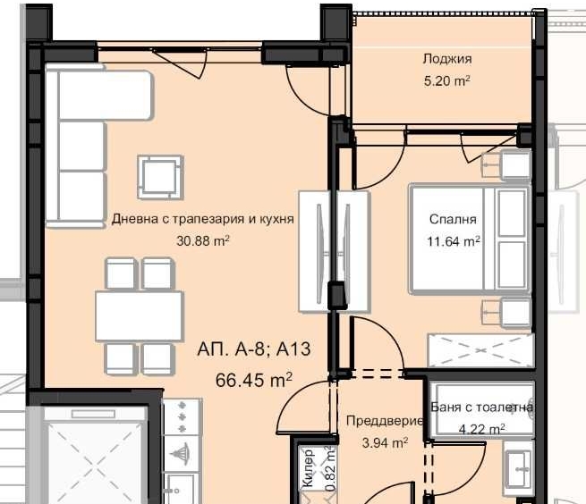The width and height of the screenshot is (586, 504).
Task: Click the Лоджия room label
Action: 446,59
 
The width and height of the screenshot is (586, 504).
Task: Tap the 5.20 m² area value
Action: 446,80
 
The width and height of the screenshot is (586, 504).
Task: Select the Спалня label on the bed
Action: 453,219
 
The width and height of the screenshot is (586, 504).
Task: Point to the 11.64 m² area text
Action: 453,239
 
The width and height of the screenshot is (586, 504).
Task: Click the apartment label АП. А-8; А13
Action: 247,349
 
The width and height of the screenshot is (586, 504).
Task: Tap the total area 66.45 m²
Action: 254,380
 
